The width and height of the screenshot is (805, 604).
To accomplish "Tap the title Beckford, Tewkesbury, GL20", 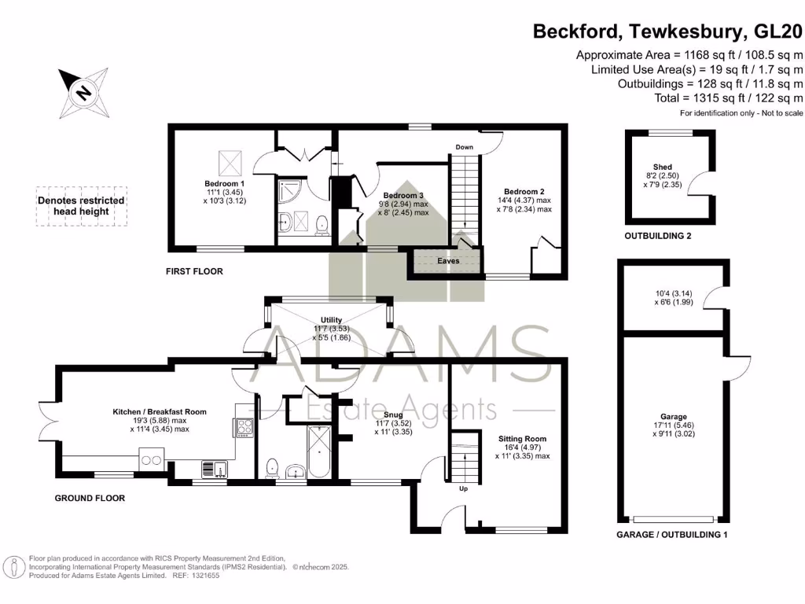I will pyautogui.click(x=667, y=31).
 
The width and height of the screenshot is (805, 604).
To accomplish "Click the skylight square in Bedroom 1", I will pyautogui.click(x=229, y=163).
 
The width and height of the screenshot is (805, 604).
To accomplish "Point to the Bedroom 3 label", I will pyautogui.click(x=403, y=196).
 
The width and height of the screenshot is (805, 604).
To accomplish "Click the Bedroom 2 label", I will pyautogui.click(x=525, y=191).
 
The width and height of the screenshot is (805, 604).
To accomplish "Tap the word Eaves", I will pyautogui.click(x=449, y=261).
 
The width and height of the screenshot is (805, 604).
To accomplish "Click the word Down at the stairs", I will pyautogui.click(x=464, y=147).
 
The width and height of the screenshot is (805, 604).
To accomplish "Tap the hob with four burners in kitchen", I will pyautogui.click(x=243, y=427).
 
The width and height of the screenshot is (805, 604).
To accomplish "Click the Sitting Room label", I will pyautogui.click(x=522, y=439).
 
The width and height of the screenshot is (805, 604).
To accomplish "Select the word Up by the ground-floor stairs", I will pyautogui.click(x=464, y=488).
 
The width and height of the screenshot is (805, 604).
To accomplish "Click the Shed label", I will pyautogui.click(x=663, y=167).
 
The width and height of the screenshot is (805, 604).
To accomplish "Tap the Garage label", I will pyautogui.click(x=673, y=417).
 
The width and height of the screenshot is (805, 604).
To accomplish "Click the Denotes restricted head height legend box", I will pyautogui.click(x=82, y=206).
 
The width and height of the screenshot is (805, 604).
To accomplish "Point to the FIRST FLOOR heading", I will pyautogui.click(x=194, y=272).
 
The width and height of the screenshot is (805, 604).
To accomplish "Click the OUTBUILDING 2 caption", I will pyautogui.click(x=658, y=236).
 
